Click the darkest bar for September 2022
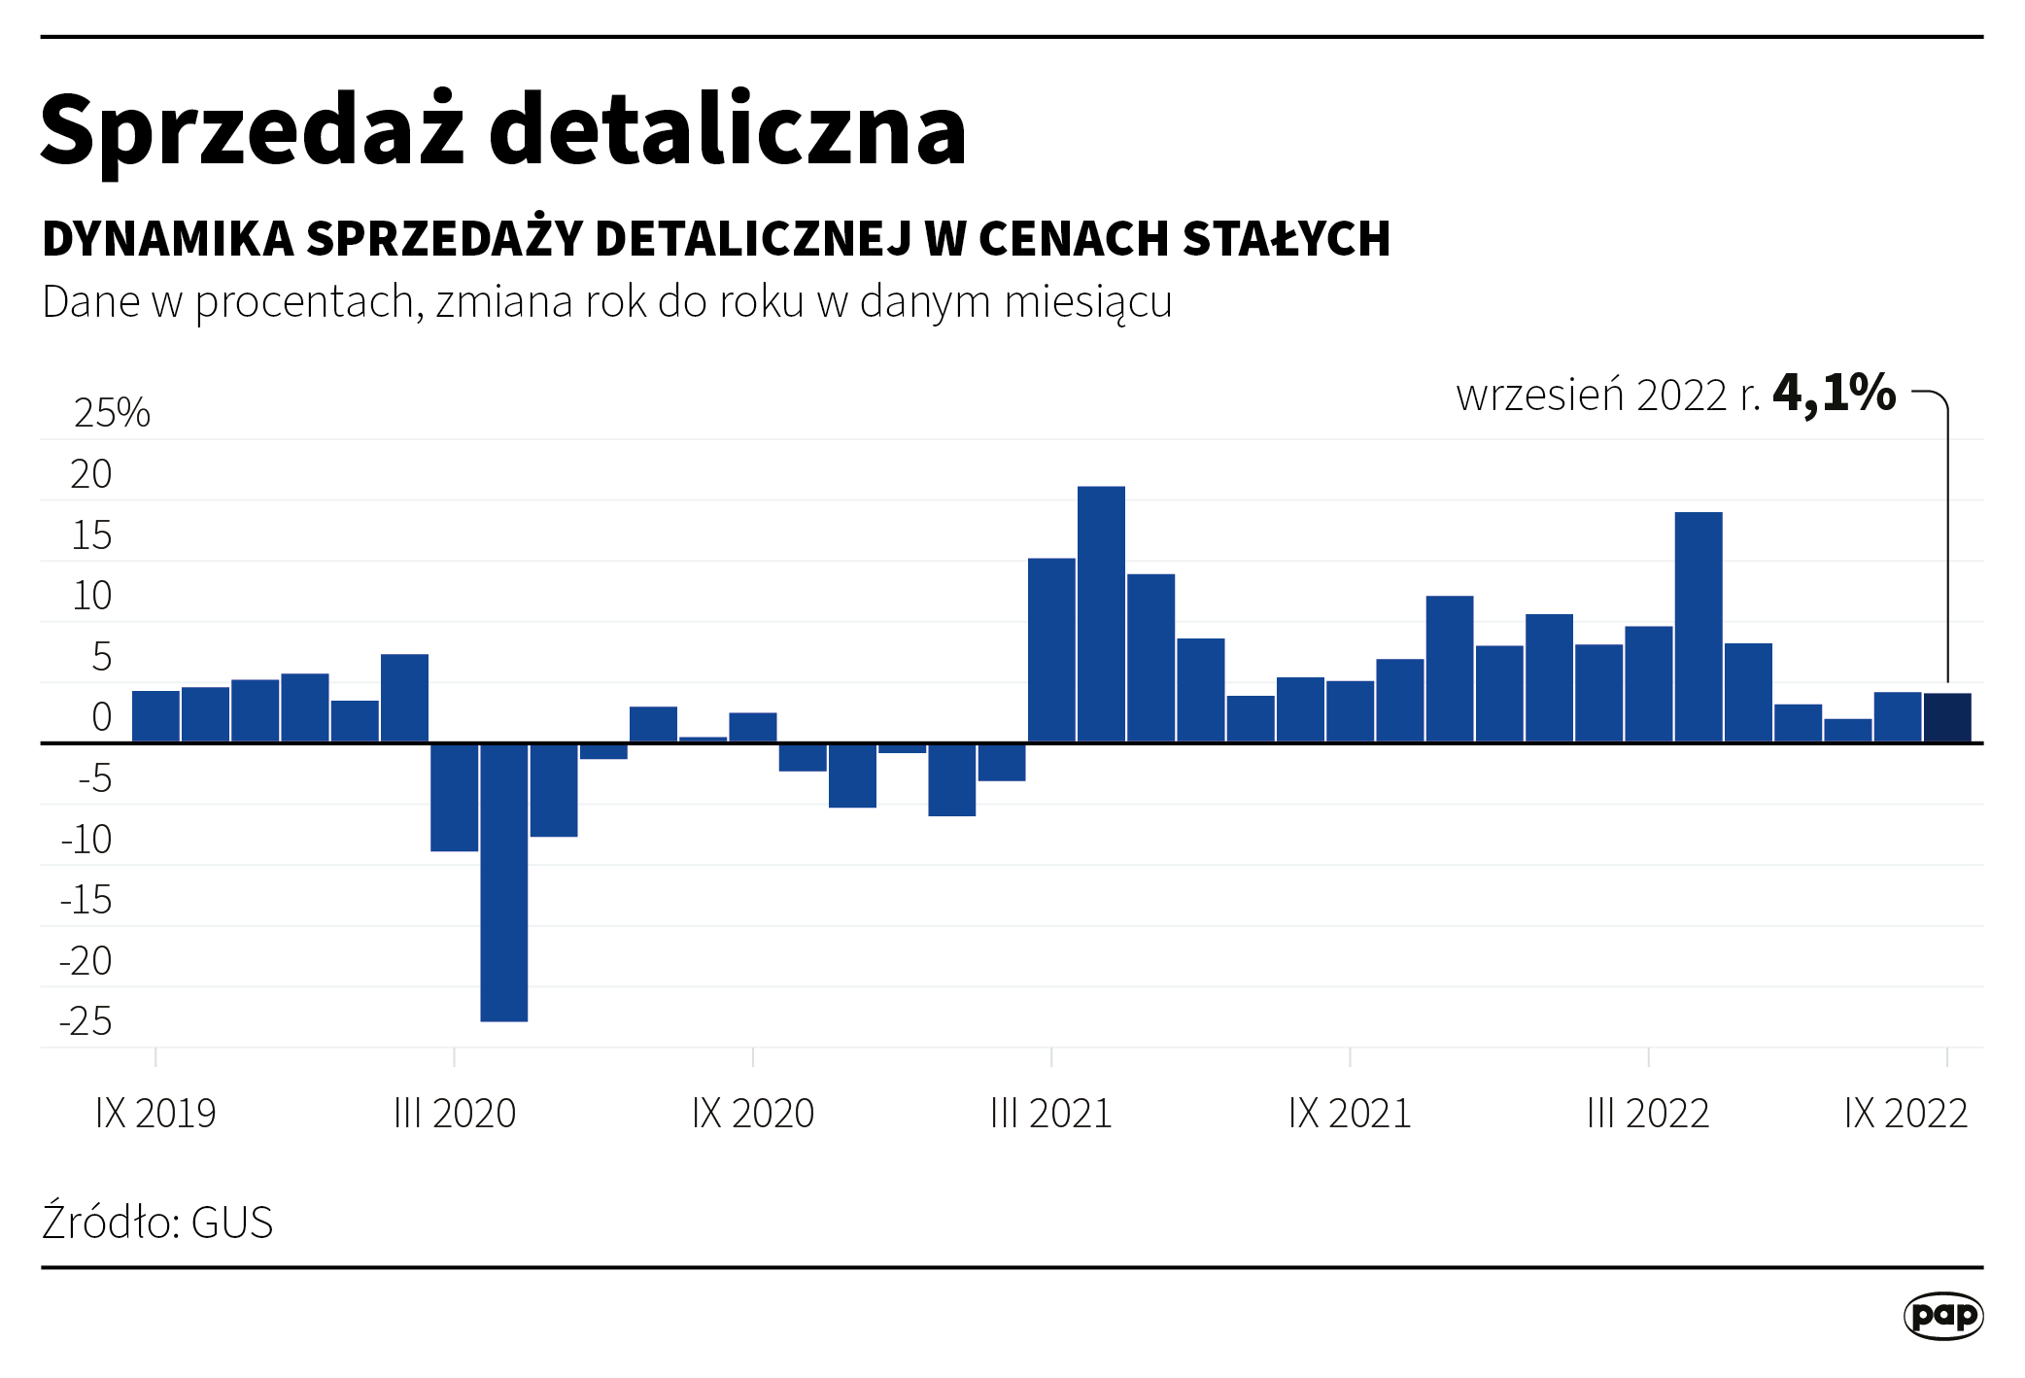point(1947,717)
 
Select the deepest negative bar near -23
point(504,881)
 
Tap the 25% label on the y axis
point(112,413)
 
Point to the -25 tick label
point(86,1021)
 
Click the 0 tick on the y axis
point(101,717)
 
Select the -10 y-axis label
point(87,840)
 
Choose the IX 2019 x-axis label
point(155,1114)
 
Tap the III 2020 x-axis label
point(455,1114)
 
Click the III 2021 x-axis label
point(1051,1114)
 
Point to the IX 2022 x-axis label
point(1905,1114)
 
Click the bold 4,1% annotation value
point(1834,394)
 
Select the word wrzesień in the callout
point(1540,396)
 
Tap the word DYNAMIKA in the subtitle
point(168,239)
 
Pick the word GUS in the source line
point(232,1223)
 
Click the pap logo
point(1942,1316)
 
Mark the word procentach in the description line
point(305,303)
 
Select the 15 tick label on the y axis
point(92,535)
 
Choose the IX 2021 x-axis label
point(1350,1114)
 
